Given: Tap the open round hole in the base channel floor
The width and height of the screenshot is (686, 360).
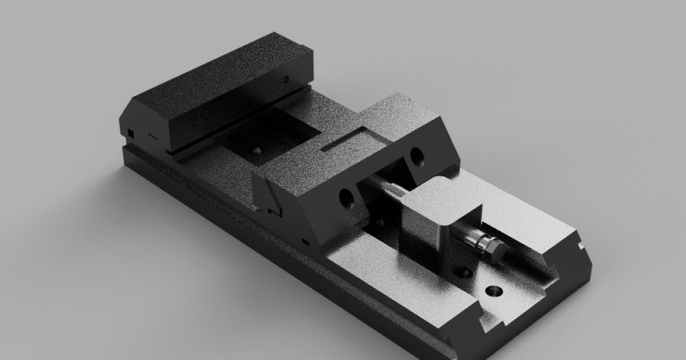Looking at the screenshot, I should tap(493, 292).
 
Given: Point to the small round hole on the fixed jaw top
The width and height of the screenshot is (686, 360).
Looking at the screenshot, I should tap(286, 79).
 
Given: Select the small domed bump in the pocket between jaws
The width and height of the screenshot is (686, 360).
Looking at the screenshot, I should tap(257, 150).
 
